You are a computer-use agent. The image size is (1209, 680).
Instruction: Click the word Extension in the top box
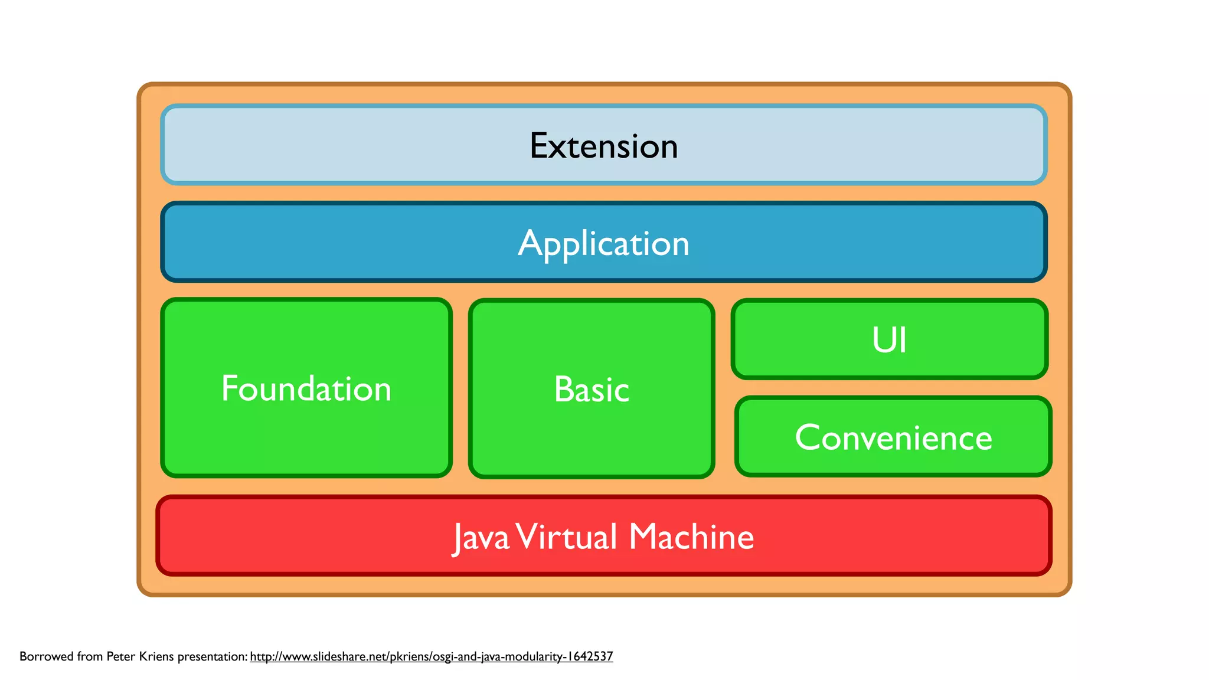(603, 146)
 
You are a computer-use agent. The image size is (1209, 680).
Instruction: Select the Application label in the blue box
(603, 243)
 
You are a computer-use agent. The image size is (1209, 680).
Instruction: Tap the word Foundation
(306, 388)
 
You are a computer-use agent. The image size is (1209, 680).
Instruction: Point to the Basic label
(592, 390)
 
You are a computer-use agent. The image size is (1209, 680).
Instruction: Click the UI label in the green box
(889, 340)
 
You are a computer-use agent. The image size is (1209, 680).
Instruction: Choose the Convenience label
(893, 437)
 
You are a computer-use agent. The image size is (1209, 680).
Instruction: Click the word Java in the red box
(481, 537)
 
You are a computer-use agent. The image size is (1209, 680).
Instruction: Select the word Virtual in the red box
(567, 537)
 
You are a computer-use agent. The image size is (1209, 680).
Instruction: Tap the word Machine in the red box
(691, 537)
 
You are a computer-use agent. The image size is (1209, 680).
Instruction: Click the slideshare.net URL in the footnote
(431, 656)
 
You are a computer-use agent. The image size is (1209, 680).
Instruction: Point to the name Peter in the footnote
(121, 656)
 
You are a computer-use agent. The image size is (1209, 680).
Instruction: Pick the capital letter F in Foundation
(229, 388)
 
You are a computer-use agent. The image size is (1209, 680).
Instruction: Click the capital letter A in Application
(530, 243)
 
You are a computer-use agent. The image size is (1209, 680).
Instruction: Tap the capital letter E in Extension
(539, 146)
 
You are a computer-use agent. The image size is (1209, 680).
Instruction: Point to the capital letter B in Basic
(563, 390)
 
